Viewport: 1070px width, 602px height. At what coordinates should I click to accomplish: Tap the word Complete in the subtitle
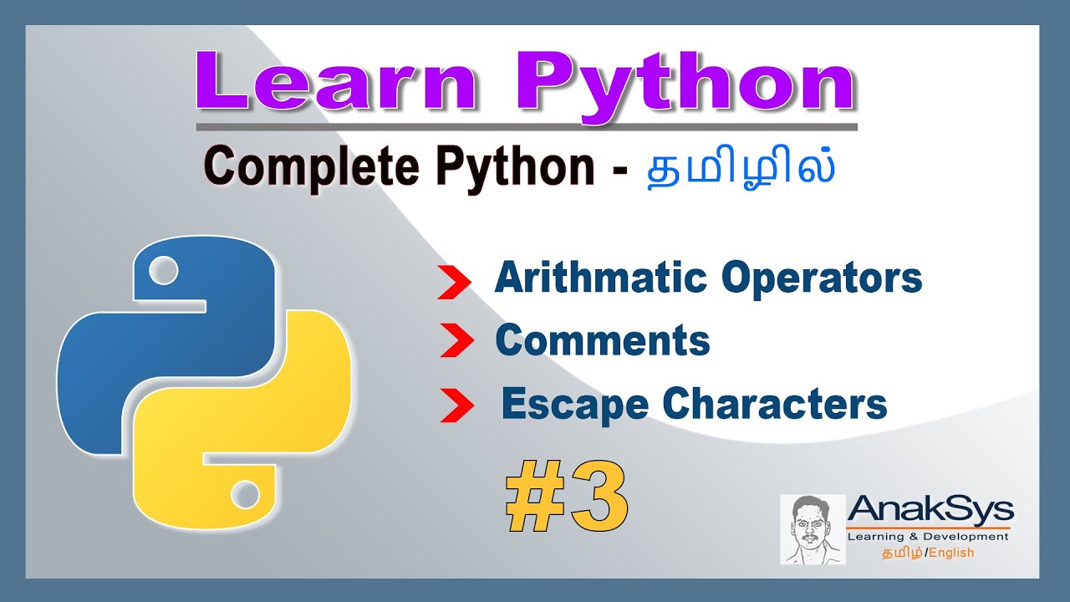point(310,168)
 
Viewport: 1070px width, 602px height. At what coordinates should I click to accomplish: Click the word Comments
point(602,341)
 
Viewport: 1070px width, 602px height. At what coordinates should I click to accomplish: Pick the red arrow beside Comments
point(456,342)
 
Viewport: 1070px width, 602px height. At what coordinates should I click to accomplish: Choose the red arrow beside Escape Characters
point(457,407)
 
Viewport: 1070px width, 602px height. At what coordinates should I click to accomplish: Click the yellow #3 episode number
point(567,501)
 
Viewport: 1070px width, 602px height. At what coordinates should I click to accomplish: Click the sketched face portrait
point(812,529)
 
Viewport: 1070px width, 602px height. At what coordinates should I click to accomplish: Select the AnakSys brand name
point(930,509)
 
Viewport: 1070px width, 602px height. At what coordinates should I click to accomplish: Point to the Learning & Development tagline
point(928,537)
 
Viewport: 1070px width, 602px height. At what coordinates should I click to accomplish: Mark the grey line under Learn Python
point(527,127)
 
